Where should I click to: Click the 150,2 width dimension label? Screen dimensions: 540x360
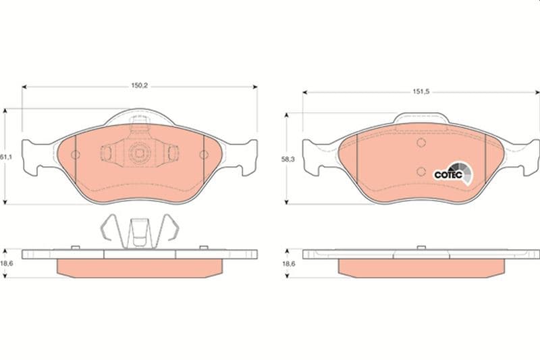click(x=140, y=85)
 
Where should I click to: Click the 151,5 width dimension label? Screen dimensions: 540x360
click(x=421, y=92)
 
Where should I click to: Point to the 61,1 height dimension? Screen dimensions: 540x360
click(x=6, y=157)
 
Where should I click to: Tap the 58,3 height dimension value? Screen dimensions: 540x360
click(x=288, y=159)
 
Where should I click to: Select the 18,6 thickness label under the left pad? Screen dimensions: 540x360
click(x=7, y=263)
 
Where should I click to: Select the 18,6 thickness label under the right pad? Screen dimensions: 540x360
click(x=289, y=264)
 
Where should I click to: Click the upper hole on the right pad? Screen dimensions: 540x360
click(x=421, y=143)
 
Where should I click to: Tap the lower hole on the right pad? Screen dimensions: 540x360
click(x=421, y=171)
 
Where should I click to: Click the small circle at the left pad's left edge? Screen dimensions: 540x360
click(x=76, y=155)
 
